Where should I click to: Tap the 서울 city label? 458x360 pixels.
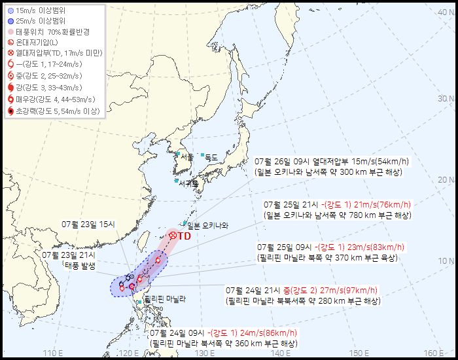[186, 157]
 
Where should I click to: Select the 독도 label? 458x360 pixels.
[211, 157]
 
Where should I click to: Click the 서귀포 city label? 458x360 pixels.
[188, 183]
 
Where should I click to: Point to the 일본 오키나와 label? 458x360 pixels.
[208, 225]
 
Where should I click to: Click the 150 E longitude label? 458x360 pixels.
[357, 353]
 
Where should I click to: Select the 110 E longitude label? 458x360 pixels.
[53, 353]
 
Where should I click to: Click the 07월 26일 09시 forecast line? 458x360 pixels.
[333, 161]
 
